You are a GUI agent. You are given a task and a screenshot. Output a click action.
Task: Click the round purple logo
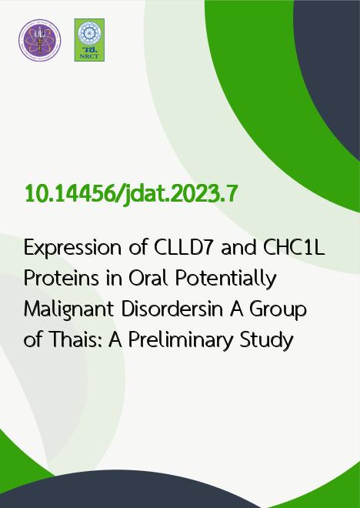39,40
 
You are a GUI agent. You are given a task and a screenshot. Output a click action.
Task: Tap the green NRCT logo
89,40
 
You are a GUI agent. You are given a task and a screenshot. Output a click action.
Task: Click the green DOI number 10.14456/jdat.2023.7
132,194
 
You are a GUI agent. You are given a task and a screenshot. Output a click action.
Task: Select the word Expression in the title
72,249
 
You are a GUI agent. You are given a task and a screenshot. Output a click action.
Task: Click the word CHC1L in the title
294,248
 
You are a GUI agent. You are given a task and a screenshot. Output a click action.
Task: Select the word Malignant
68,310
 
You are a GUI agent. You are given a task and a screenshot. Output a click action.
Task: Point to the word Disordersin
172,309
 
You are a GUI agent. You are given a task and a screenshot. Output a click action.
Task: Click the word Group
278,310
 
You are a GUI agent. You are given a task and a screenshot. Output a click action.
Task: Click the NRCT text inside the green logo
89,56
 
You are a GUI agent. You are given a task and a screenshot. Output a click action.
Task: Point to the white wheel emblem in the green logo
89,33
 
